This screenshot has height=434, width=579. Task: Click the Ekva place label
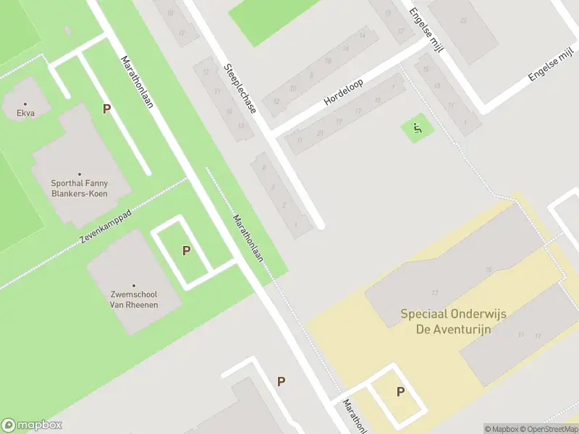click(x=26, y=114)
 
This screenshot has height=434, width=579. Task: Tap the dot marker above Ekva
click(x=26, y=104)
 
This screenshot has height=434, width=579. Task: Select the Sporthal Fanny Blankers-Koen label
click(x=80, y=188)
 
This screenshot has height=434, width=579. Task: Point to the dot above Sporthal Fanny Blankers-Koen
click(x=80, y=174)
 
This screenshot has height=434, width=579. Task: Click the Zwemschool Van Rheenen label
click(x=133, y=299)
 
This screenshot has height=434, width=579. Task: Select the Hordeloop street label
click(x=343, y=92)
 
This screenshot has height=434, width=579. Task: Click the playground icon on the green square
click(x=417, y=129)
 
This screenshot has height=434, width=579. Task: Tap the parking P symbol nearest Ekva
click(x=106, y=109)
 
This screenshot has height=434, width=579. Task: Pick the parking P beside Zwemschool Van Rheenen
click(x=186, y=250)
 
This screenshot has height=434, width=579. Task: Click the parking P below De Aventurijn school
click(x=400, y=392)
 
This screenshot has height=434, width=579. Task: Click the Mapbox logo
click(x=32, y=425)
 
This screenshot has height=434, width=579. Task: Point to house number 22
click(x=462, y=20)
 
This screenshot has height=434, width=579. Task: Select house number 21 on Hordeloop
click(x=320, y=132)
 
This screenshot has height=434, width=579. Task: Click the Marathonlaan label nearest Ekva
click(x=137, y=82)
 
